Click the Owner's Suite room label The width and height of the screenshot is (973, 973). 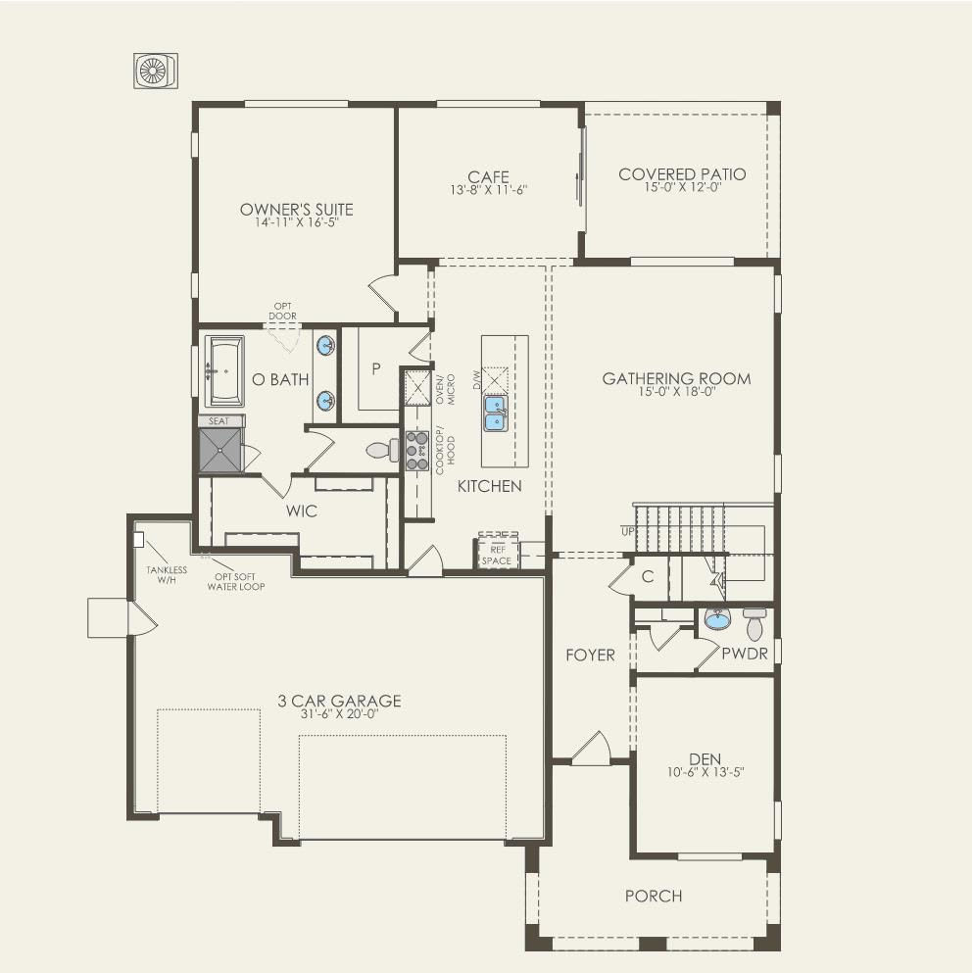click(296, 210)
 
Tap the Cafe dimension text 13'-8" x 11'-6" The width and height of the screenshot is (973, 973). click(488, 190)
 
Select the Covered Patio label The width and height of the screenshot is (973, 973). click(682, 174)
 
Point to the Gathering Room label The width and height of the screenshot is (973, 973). click(676, 378)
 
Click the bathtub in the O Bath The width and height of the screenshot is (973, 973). click(224, 371)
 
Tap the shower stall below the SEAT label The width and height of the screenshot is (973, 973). click(220, 451)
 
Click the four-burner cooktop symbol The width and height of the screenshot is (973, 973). click(417, 451)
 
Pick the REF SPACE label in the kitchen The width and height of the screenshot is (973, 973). click(496, 556)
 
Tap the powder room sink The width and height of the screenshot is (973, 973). click(717, 619)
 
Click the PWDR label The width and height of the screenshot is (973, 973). click(744, 654)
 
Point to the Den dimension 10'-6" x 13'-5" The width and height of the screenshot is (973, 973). click(705, 771)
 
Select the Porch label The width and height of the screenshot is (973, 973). click(654, 896)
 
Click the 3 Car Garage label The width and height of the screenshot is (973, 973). click(339, 701)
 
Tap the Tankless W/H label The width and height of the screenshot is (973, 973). click(167, 575)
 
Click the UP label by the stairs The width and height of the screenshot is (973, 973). click(626, 530)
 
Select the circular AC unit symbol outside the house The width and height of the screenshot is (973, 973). click(155, 71)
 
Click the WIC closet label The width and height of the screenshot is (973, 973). click(302, 511)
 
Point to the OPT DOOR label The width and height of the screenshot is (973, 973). click(283, 312)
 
